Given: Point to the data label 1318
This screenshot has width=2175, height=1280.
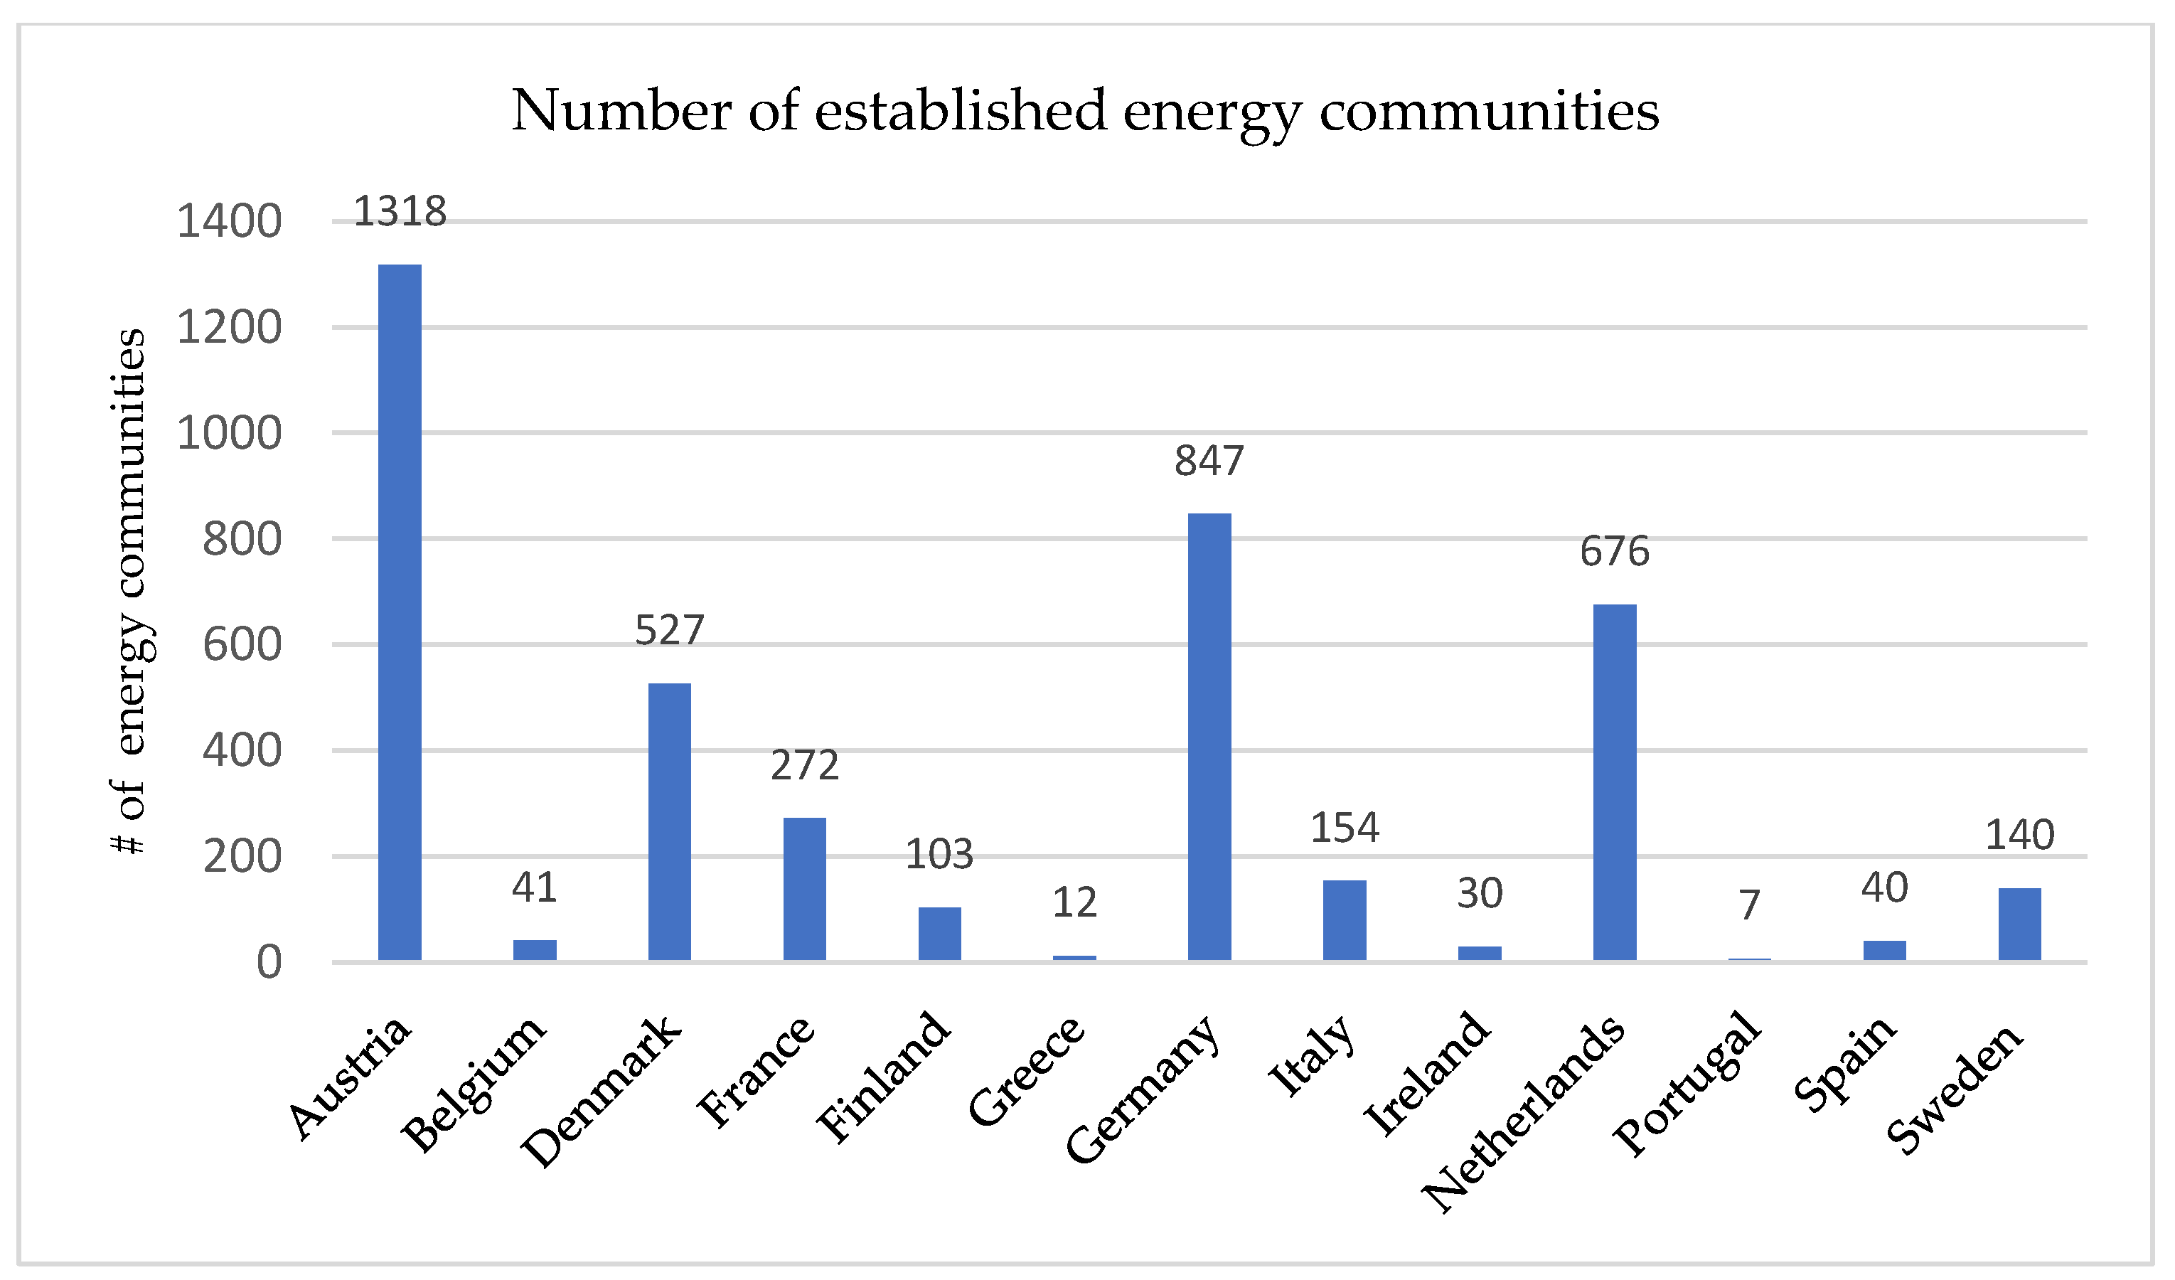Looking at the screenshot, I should click(x=400, y=211).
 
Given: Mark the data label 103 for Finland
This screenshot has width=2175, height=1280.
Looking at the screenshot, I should click(x=939, y=855).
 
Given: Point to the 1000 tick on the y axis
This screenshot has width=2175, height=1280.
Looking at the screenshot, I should click(x=229, y=433).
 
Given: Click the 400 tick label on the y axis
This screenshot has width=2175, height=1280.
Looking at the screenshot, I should click(x=242, y=751).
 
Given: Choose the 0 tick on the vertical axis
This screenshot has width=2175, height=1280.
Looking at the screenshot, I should click(x=269, y=962).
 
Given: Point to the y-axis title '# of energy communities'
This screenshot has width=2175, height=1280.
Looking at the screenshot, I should click(x=129, y=591).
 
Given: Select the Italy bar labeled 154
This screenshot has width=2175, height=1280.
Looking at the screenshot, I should click(x=1344, y=919).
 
